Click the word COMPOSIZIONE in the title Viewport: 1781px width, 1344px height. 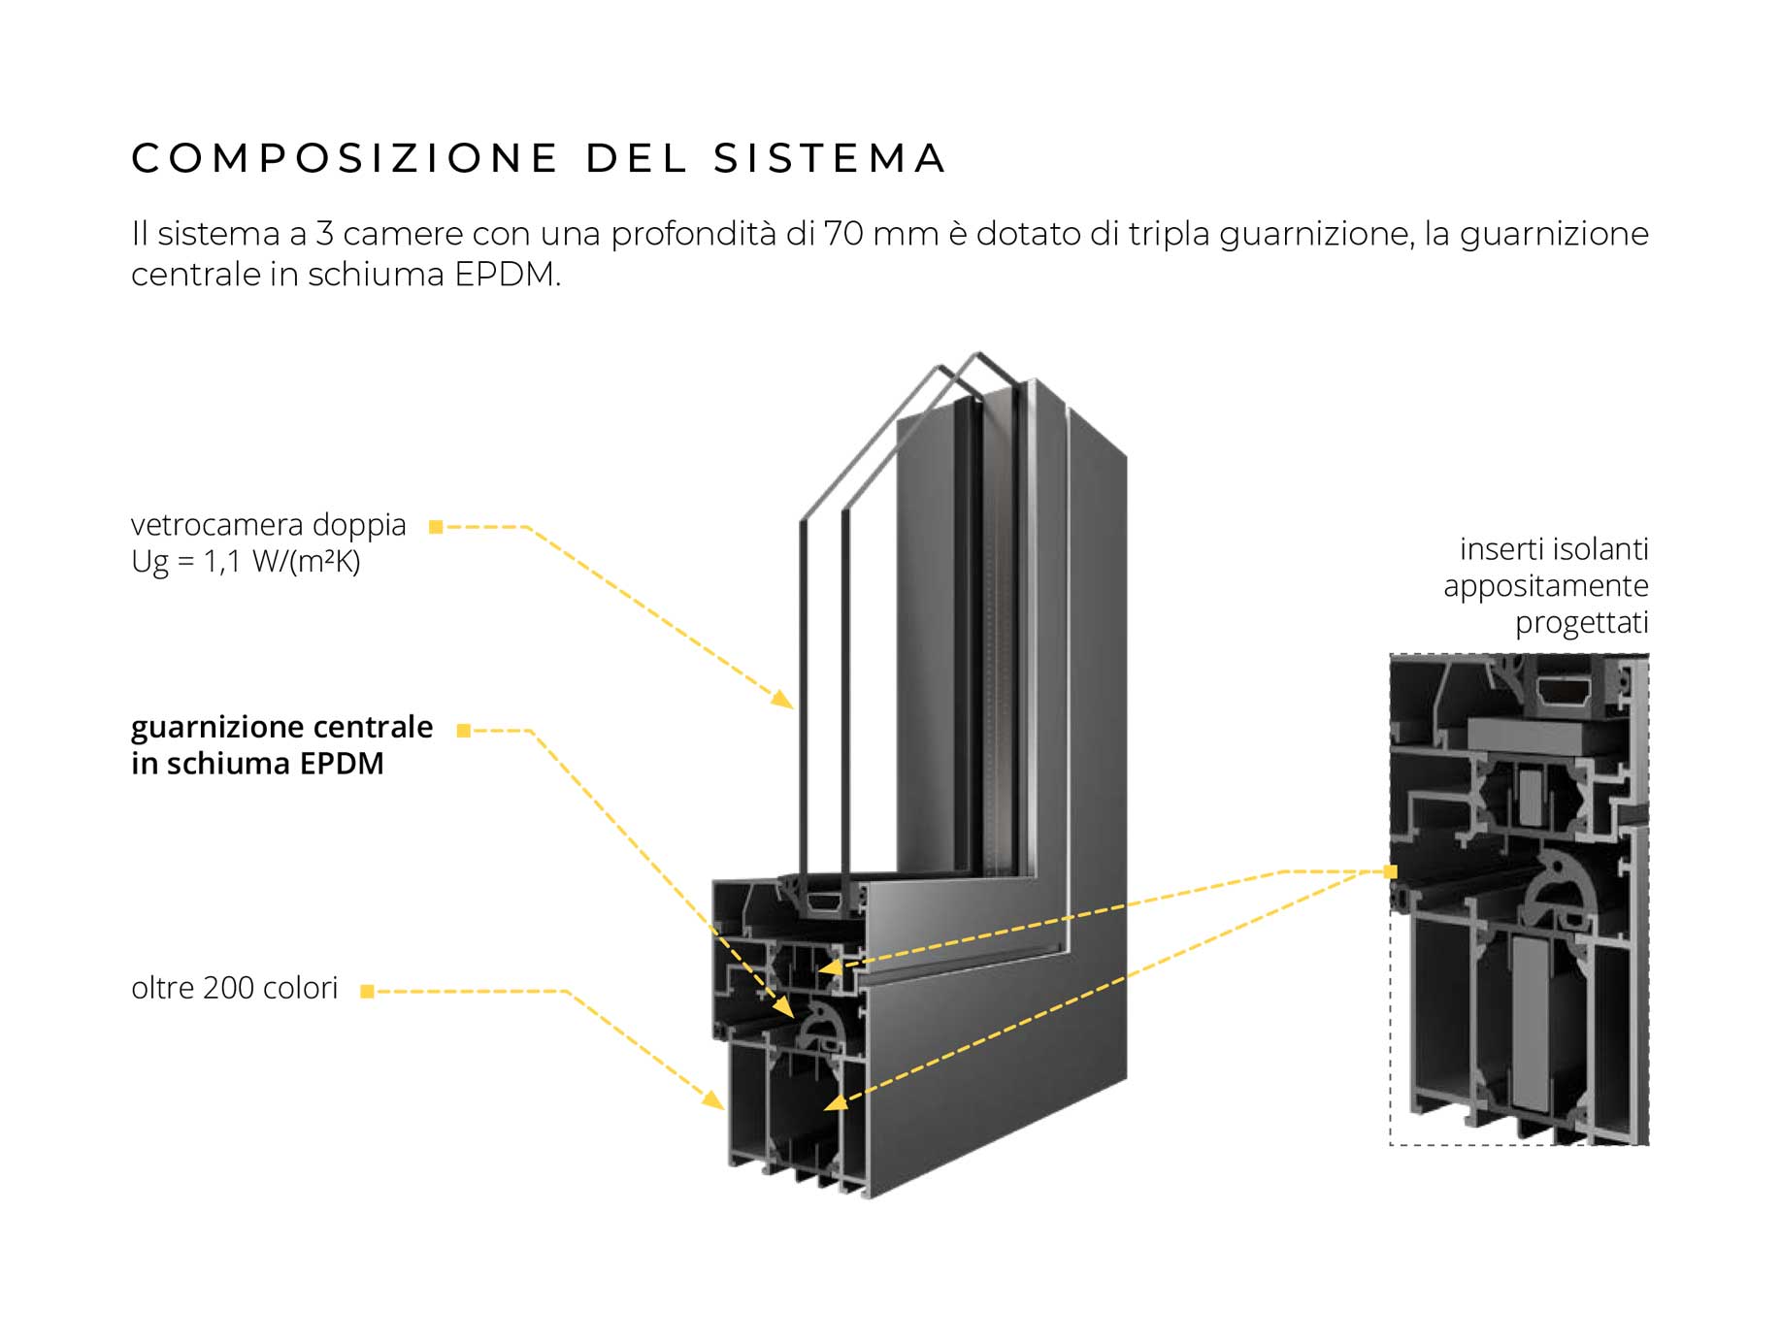(x=345, y=159)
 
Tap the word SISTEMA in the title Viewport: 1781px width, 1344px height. (x=830, y=159)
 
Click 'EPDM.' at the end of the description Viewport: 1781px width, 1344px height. (x=508, y=275)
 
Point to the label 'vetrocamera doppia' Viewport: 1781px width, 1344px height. (x=269, y=525)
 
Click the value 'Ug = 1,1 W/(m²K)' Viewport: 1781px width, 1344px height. (x=246, y=562)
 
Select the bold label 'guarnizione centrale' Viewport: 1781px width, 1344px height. (x=281, y=727)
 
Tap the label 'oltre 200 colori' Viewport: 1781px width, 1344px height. (x=234, y=988)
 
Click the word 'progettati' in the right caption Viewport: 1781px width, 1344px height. (x=1582, y=623)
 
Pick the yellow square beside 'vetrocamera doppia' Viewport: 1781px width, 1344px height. (x=436, y=527)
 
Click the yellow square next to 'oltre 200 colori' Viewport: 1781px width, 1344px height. (x=367, y=991)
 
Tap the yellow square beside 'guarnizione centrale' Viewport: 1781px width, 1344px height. (x=463, y=731)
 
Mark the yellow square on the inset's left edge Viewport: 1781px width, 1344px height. (x=1391, y=872)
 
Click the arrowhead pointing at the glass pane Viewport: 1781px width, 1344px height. (x=782, y=699)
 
